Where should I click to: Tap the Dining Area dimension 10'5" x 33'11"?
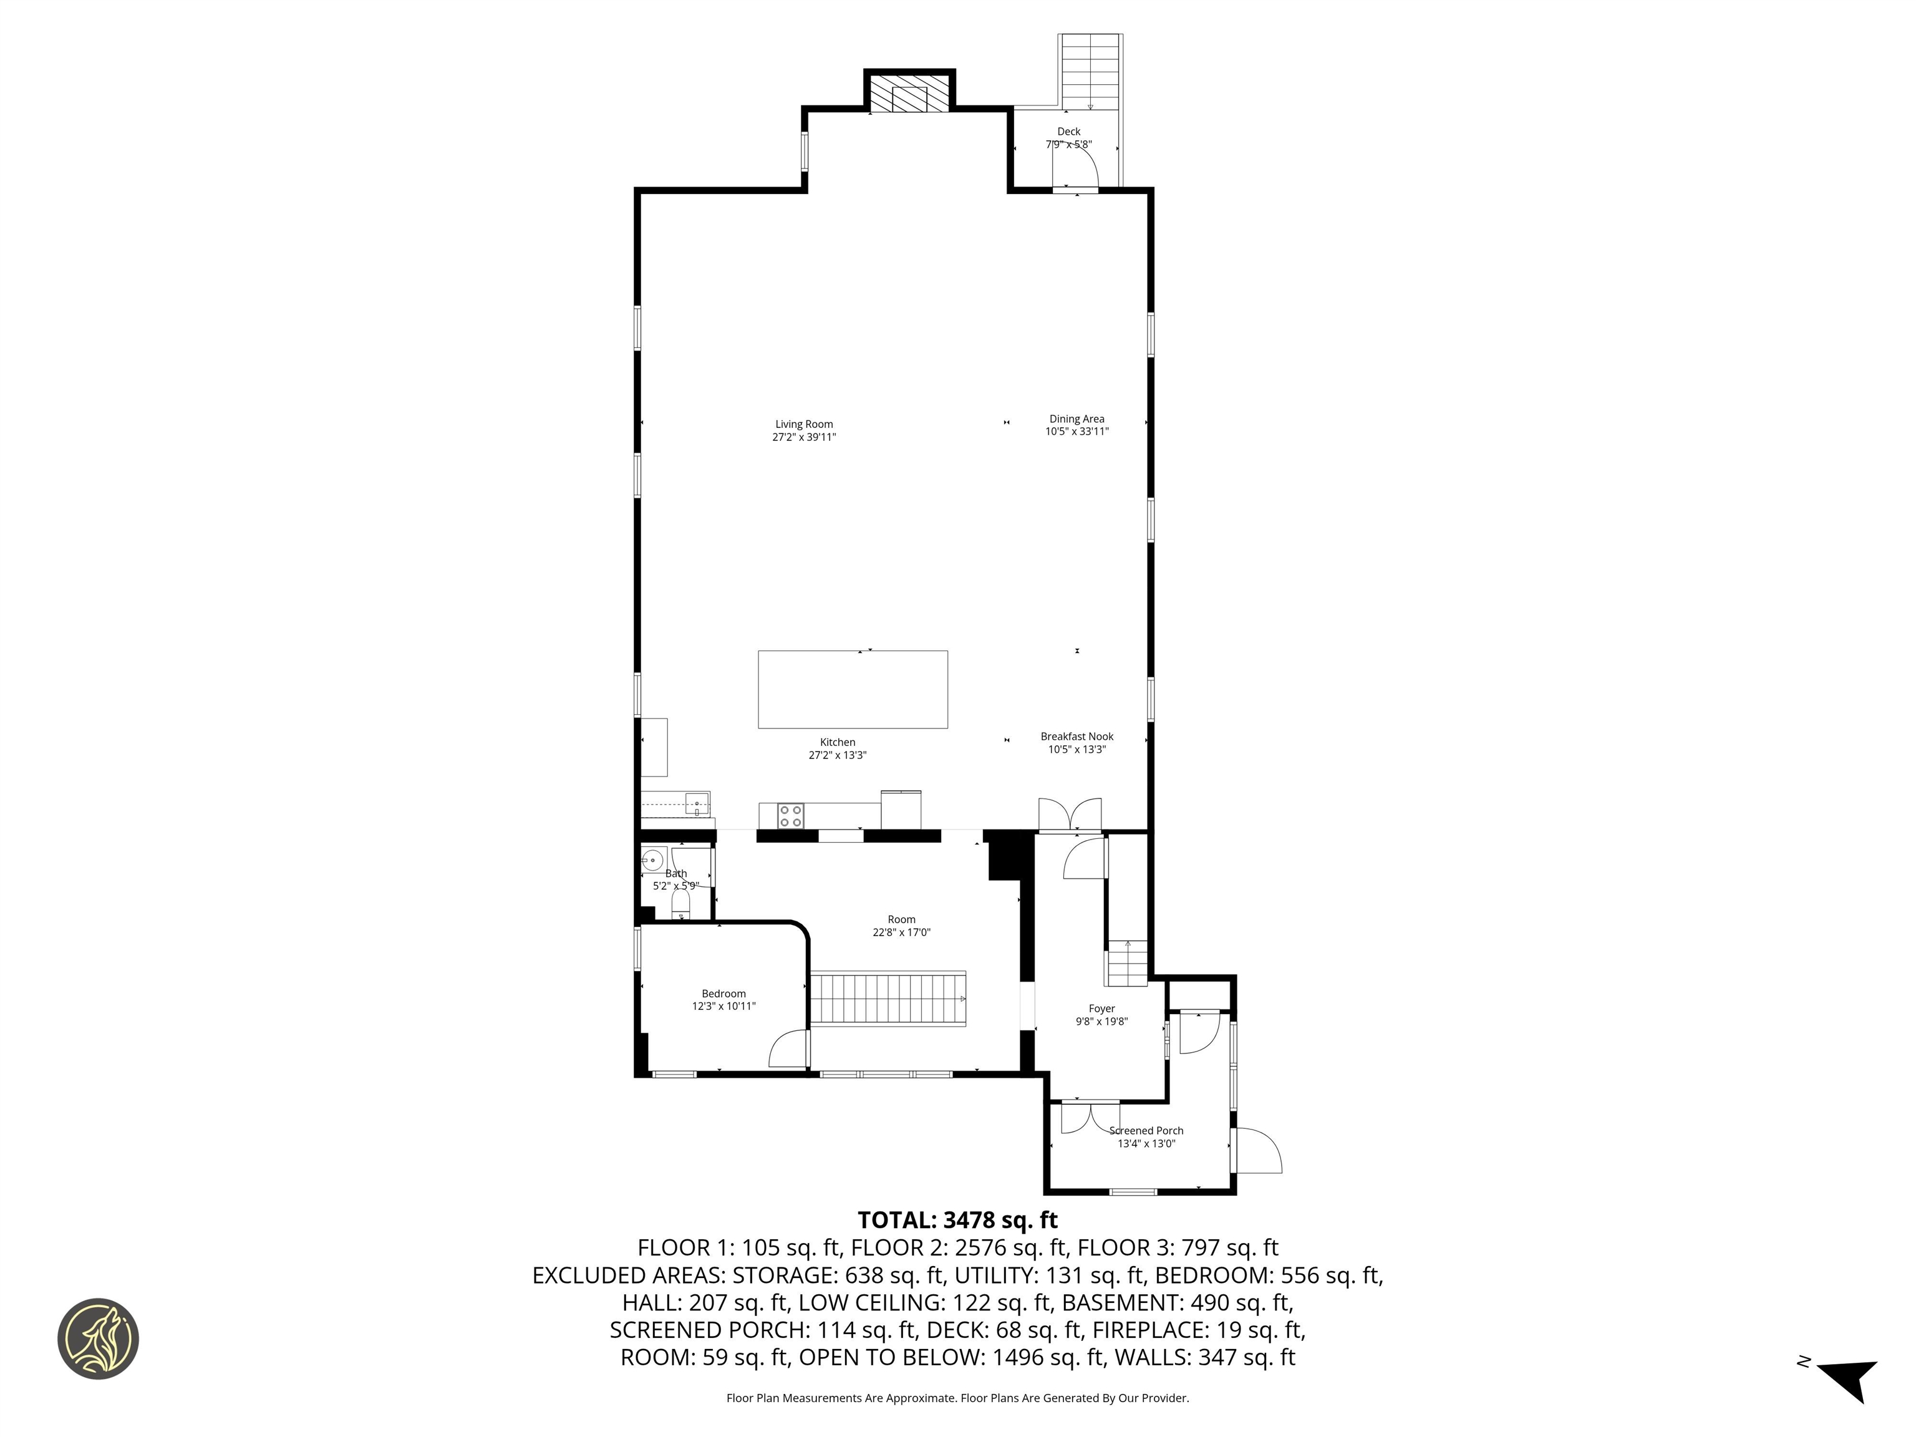[x=1076, y=432]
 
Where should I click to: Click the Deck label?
[x=1068, y=132]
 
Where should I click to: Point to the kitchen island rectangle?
[x=853, y=689]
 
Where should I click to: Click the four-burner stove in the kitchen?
[x=790, y=816]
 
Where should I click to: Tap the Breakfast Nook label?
[x=1077, y=736]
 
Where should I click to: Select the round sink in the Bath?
[x=652, y=861]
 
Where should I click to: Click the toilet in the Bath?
[x=681, y=904]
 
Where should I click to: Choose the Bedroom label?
[x=723, y=994]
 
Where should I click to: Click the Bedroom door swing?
[x=789, y=1049]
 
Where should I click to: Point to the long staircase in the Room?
[x=888, y=999]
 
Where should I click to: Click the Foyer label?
[x=1101, y=1009]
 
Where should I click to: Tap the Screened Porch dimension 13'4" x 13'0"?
[x=1146, y=1143]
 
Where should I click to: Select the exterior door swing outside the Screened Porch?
[x=1258, y=1150]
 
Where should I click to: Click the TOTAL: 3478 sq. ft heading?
[x=957, y=1219]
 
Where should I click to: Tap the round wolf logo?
[x=98, y=1338]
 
